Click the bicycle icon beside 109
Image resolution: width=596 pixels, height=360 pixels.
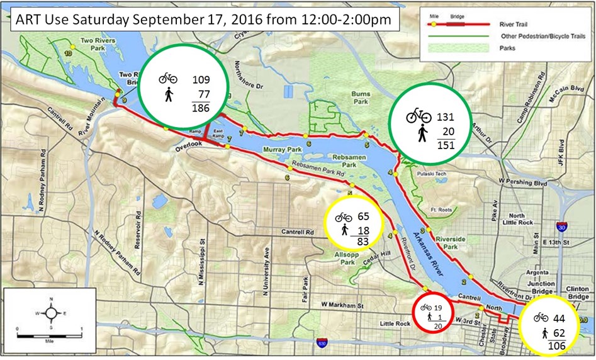(x=168, y=78)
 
